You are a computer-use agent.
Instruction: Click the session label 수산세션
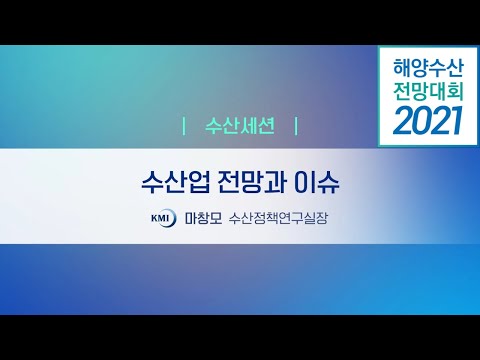[x=240, y=127]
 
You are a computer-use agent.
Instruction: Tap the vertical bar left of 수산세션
[x=185, y=127]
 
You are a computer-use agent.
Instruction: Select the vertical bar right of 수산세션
[x=296, y=127]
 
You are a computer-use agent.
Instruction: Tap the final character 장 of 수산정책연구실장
[x=322, y=217]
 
